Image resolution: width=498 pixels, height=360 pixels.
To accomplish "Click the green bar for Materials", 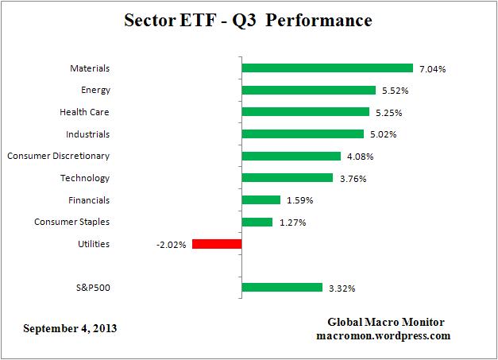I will click(x=326, y=68).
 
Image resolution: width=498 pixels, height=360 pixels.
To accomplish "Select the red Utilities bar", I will click(x=216, y=244).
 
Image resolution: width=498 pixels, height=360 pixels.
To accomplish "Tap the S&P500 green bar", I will click(x=281, y=288).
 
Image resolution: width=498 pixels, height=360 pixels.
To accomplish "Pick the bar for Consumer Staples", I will click(x=257, y=222).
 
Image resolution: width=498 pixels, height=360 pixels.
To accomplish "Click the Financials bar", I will click(x=261, y=200).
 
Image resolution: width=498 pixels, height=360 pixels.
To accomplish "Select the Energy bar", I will click(x=308, y=91).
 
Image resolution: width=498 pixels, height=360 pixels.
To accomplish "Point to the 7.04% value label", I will click(x=432, y=69).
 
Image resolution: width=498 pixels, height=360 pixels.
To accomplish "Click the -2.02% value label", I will click(x=172, y=245).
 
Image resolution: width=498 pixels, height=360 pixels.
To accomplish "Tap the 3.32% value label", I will click(x=342, y=288).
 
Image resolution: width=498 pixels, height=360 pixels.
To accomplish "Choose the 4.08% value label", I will click(x=359, y=157).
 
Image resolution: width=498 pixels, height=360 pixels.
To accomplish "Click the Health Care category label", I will click(x=85, y=112).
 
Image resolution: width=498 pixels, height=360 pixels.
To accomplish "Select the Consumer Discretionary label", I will click(x=59, y=156).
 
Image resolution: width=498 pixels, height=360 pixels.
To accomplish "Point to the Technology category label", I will click(x=85, y=178).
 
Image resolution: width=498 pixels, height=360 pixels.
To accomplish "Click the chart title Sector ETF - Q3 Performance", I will click(x=248, y=20).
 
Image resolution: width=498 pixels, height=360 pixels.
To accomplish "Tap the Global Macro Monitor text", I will click(x=386, y=322).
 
